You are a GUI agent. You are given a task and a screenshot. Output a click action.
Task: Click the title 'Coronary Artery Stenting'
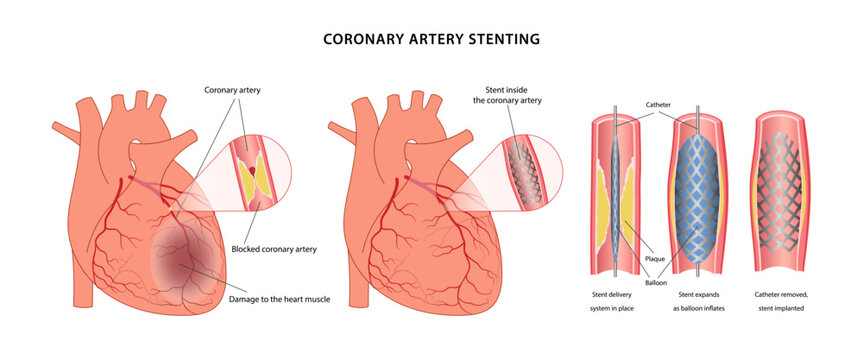431,39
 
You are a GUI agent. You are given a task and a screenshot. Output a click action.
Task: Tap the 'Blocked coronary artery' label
274,249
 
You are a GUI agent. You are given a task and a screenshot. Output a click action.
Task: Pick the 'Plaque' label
656,257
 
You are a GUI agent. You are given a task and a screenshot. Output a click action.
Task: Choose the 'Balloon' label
656,283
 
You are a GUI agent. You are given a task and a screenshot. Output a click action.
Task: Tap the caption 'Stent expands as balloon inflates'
701,301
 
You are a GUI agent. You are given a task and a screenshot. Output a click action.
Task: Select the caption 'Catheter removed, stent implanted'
787,301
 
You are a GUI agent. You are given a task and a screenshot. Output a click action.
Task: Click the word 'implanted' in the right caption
787,310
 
